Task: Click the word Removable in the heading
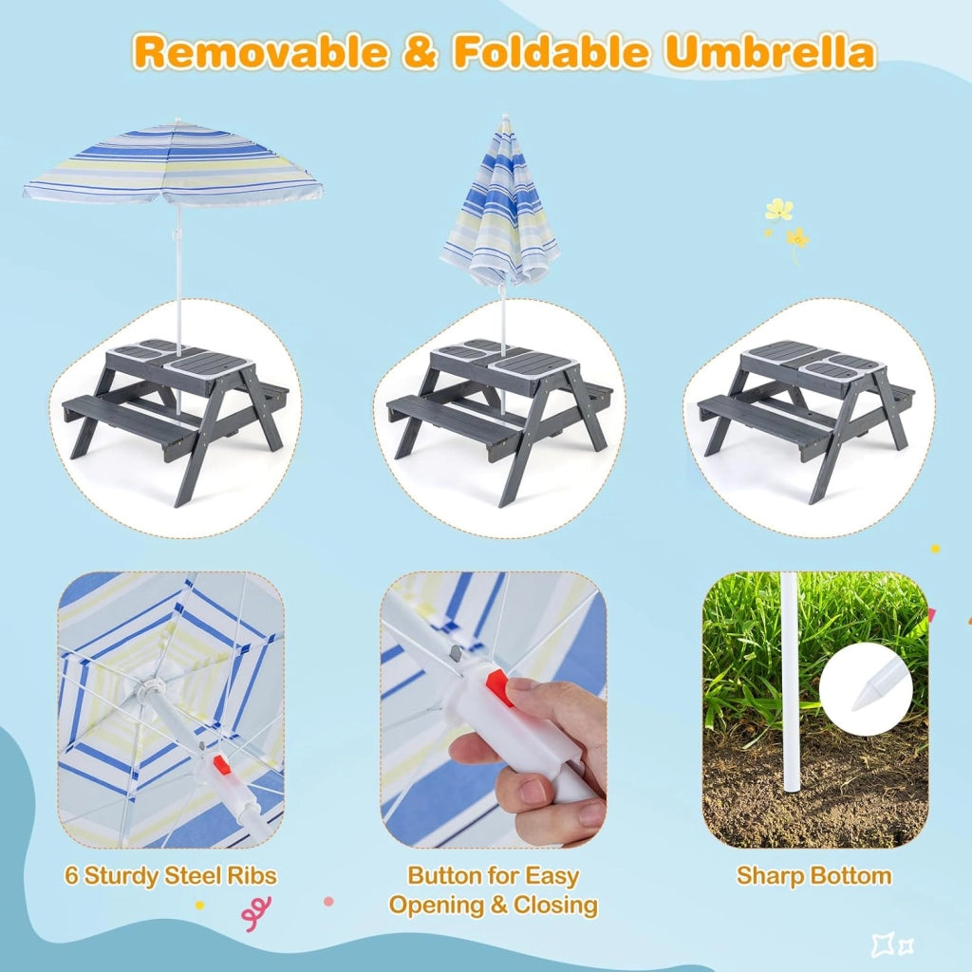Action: pyautogui.click(x=260, y=51)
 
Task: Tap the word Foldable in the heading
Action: pyautogui.click(x=551, y=51)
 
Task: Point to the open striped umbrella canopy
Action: pyautogui.click(x=173, y=162)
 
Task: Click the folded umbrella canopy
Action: pyautogui.click(x=499, y=205)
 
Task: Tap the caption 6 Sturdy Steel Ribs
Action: pyautogui.click(x=171, y=876)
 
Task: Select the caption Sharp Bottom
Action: pyautogui.click(x=813, y=876)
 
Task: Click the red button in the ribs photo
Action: pyautogui.click(x=221, y=764)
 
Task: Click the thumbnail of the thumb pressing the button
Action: pyautogui.click(x=494, y=709)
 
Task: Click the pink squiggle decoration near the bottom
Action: pyautogui.click(x=256, y=913)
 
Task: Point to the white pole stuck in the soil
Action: pyautogui.click(x=792, y=682)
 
